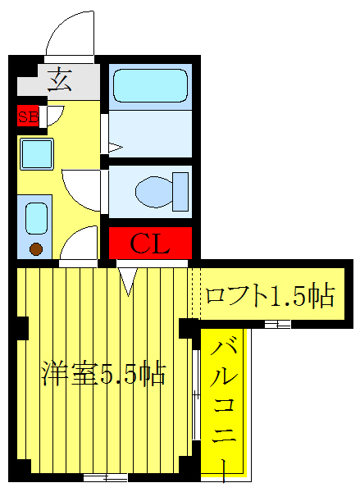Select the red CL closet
click(x=151, y=244)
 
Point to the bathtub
click(x=150, y=85)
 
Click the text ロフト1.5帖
click(x=270, y=296)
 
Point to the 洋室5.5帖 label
click(x=104, y=375)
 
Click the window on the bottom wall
click(x=106, y=476)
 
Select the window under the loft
click(x=277, y=326)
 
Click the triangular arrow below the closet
click(x=128, y=280)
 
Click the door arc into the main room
click(x=80, y=244)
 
